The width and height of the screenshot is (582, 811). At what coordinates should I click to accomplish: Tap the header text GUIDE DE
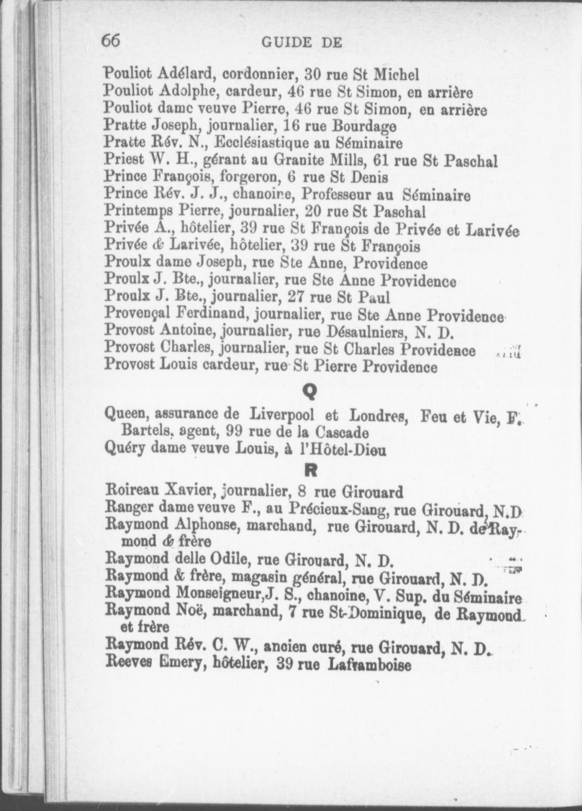tap(302, 43)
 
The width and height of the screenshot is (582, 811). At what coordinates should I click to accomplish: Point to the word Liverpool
tap(282, 414)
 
